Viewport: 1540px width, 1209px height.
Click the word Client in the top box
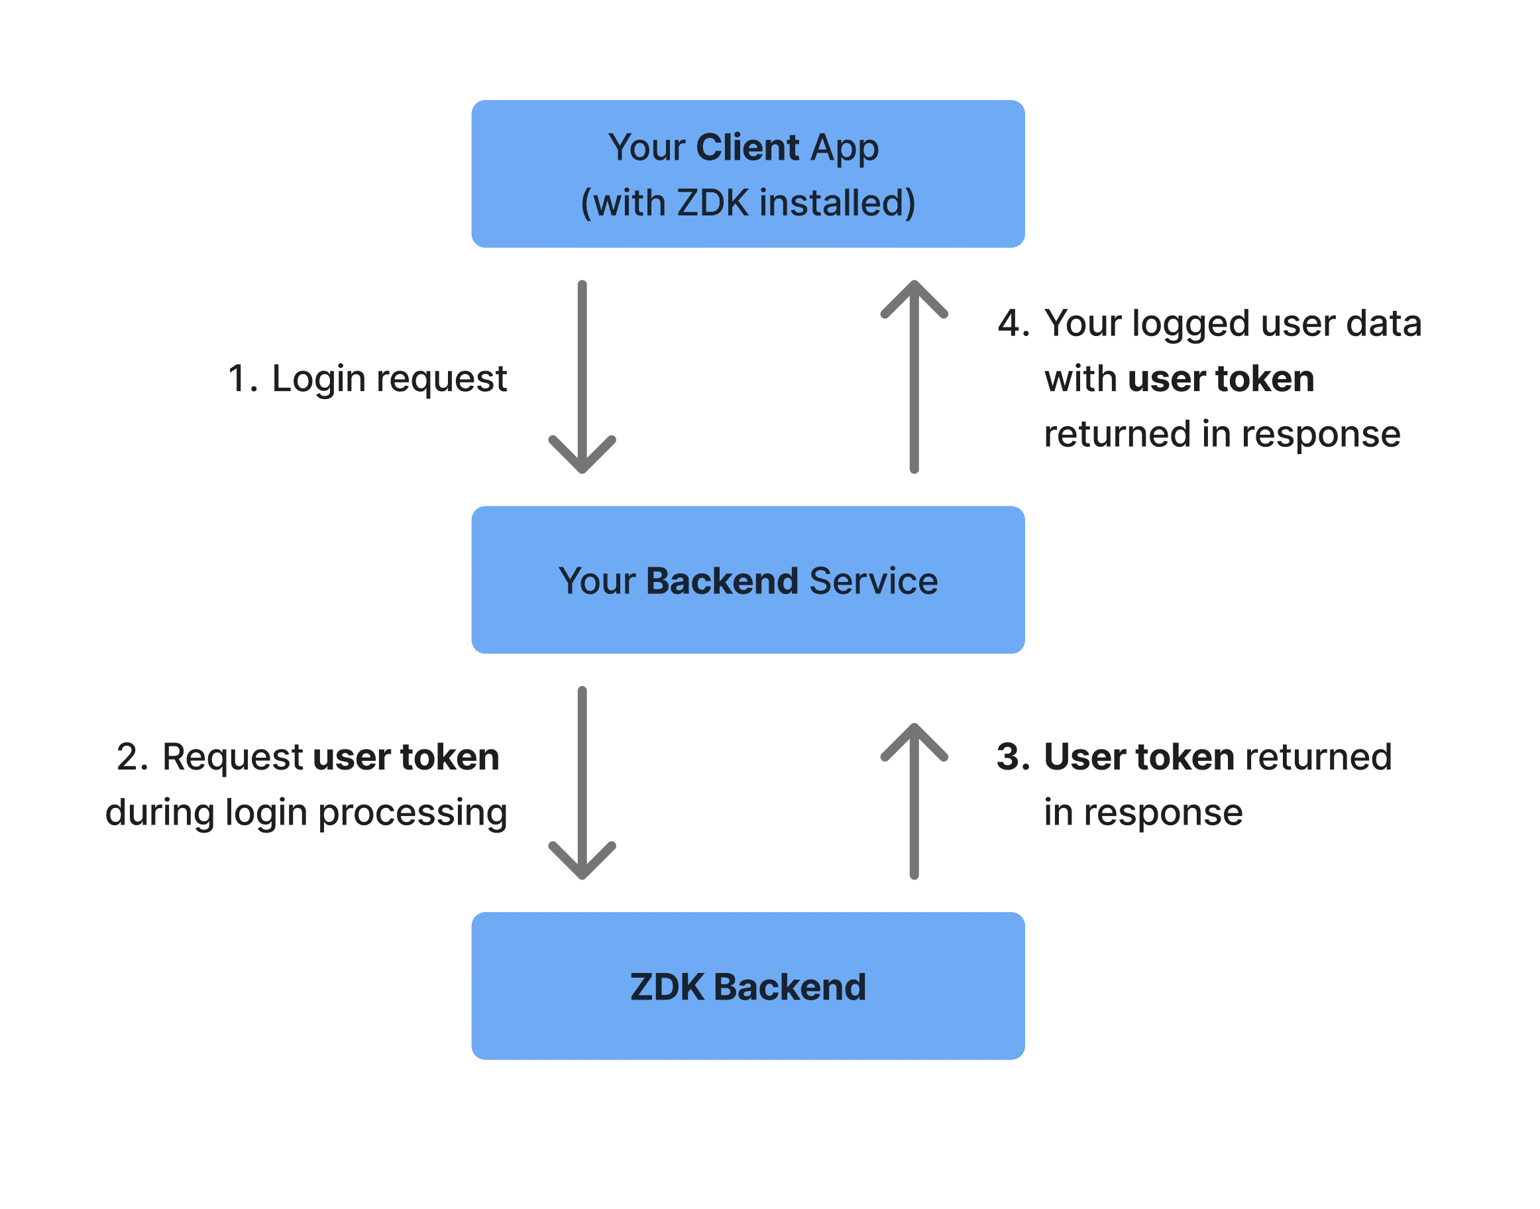(x=747, y=147)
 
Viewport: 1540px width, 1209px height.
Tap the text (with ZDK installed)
(x=747, y=203)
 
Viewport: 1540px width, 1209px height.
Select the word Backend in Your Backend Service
(x=722, y=581)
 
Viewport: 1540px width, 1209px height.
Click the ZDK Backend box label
(x=747, y=987)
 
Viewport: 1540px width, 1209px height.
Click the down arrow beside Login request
(x=582, y=376)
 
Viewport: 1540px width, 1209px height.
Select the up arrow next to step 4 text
(x=914, y=376)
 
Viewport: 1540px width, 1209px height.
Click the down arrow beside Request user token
(x=582, y=783)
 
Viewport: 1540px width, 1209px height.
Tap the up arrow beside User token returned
(x=914, y=801)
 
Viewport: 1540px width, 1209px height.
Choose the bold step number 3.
(x=1013, y=758)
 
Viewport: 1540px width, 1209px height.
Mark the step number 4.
(x=1013, y=323)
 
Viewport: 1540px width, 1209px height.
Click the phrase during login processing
(x=305, y=813)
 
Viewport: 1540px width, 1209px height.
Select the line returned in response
(x=1221, y=434)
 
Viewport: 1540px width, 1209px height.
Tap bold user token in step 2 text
(x=406, y=758)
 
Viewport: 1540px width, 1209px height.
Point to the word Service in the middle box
(x=873, y=581)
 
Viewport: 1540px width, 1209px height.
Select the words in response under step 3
(x=1142, y=813)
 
